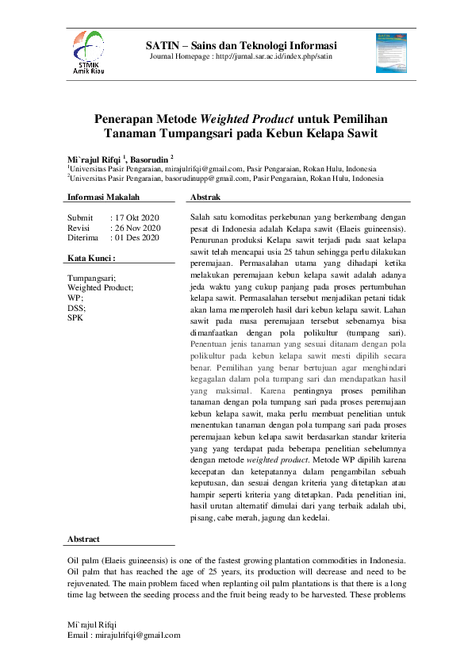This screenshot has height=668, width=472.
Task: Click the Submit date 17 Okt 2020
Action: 136,217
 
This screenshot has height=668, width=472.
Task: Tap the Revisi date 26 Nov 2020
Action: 137,227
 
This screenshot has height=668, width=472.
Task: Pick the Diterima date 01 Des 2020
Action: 136,237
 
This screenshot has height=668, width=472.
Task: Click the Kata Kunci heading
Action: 91,258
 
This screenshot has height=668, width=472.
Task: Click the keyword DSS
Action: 76,308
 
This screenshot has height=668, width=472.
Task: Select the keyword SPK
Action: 75,317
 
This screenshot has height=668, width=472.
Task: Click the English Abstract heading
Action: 83,539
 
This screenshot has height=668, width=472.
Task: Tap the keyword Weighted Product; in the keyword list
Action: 101,288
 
